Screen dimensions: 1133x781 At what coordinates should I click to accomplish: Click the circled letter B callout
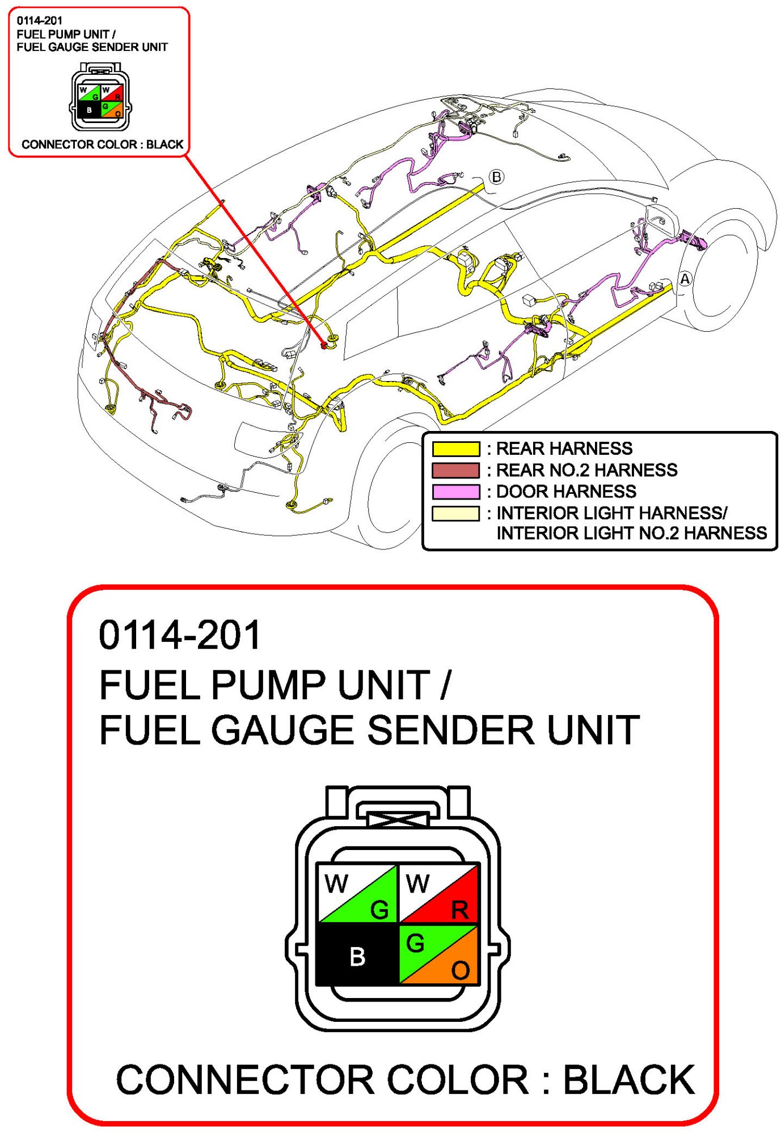pos(496,177)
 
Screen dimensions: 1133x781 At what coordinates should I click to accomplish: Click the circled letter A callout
pos(685,279)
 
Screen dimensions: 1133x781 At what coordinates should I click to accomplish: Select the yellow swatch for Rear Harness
pos(455,449)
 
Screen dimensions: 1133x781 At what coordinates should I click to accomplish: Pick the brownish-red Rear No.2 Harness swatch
pos(455,470)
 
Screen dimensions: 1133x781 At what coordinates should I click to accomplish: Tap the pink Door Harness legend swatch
pos(455,491)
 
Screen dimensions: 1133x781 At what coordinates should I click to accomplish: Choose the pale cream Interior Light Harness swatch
pos(455,513)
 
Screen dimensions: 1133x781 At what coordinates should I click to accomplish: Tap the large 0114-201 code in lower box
pos(180,635)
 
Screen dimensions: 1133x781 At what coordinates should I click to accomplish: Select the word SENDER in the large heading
pos(450,730)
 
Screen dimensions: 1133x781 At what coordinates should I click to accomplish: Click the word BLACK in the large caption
pos(628,1079)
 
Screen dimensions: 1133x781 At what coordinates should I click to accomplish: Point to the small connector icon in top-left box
pos(100,97)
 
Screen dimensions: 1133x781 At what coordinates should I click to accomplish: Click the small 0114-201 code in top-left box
pos(39,21)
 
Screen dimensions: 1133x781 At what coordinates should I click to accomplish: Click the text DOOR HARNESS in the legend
pos(566,491)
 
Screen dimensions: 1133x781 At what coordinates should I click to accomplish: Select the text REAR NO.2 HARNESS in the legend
pos(586,470)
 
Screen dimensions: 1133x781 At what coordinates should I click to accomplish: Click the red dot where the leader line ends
pos(324,345)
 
